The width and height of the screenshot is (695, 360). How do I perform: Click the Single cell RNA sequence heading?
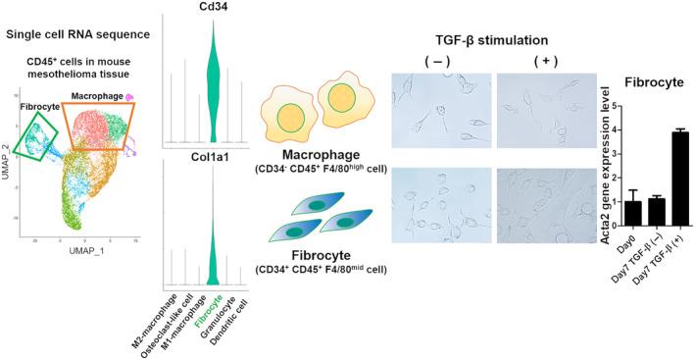pyautogui.click(x=76, y=35)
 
